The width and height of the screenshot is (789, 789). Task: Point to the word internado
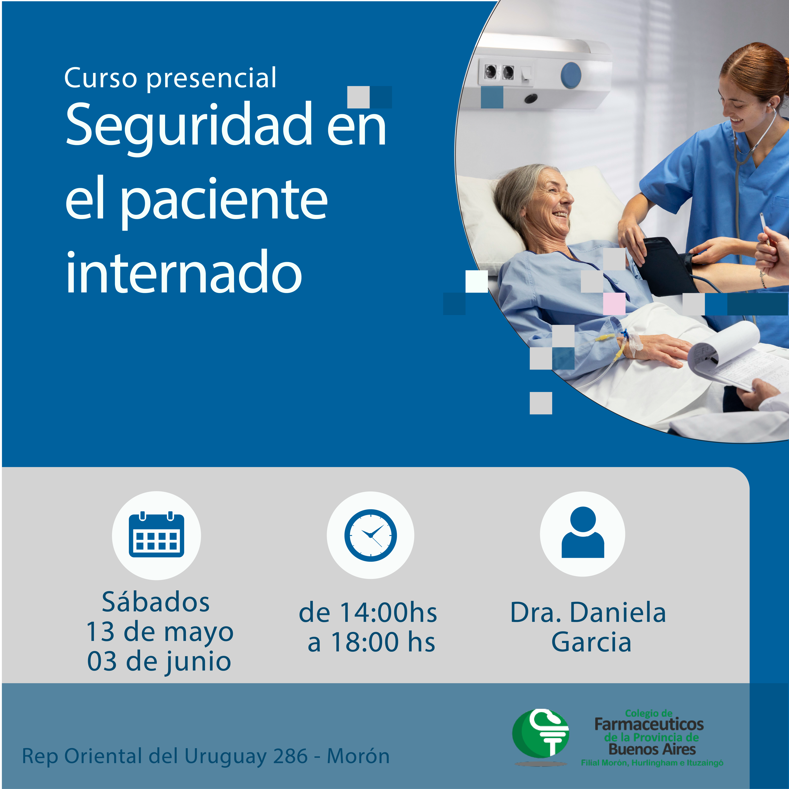click(x=184, y=272)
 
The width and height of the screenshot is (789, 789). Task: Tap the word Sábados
click(x=156, y=602)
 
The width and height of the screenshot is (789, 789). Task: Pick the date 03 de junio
click(x=159, y=662)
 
